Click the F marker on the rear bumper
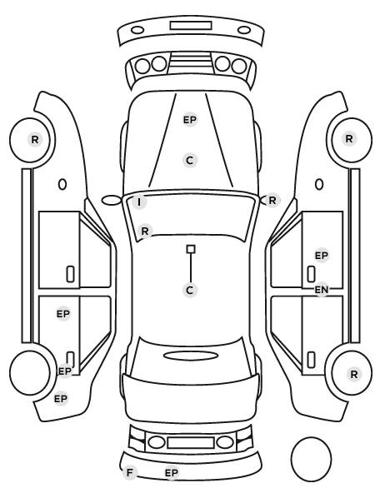[x=129, y=472]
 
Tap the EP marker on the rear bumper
[x=172, y=473]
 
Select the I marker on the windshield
[x=139, y=202]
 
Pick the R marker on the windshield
[x=145, y=231]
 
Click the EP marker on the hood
[x=190, y=120]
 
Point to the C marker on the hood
[x=190, y=160]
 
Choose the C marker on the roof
[x=190, y=290]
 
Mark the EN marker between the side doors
[x=322, y=290]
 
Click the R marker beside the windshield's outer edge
[x=272, y=201]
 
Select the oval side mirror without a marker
[x=112, y=201]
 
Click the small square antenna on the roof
[x=191, y=249]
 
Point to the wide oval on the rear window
[x=191, y=356]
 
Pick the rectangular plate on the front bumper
[x=191, y=26]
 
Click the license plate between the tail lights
[x=191, y=443]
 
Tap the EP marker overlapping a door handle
[x=65, y=371]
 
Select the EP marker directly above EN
[x=322, y=256]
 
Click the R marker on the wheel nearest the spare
[x=354, y=375]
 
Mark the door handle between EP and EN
[x=311, y=274]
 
